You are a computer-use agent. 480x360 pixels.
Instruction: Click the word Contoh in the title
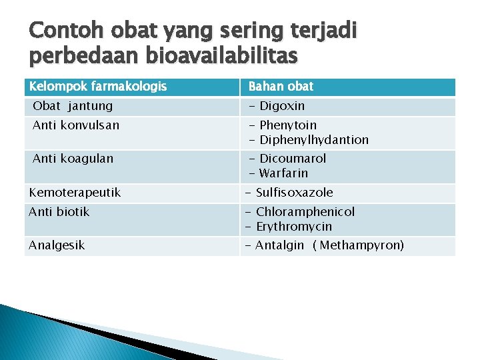tap(65, 31)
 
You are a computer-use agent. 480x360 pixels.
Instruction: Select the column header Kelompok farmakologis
tap(97, 87)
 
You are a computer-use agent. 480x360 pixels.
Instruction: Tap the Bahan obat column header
tap(281, 87)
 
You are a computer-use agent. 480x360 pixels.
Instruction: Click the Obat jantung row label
tap(73, 106)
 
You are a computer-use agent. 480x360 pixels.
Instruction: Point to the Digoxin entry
tap(282, 106)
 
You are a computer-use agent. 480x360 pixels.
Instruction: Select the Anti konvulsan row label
tap(76, 125)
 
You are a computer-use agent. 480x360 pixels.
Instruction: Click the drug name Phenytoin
tap(288, 125)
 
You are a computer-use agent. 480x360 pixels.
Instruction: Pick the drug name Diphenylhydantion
tap(314, 140)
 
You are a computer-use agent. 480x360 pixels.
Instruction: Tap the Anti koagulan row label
tap(73, 159)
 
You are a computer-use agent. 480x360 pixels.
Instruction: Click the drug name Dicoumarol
tap(293, 159)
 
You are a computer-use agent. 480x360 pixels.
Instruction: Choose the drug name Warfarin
tap(283, 173)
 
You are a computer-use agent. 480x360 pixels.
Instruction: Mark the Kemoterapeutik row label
tap(75, 193)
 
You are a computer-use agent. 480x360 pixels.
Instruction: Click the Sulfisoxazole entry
tap(294, 193)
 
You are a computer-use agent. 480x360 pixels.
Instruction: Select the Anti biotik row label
tap(59, 212)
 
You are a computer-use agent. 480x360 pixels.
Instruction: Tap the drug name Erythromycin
tap(294, 227)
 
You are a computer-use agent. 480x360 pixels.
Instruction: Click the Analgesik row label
tap(57, 245)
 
